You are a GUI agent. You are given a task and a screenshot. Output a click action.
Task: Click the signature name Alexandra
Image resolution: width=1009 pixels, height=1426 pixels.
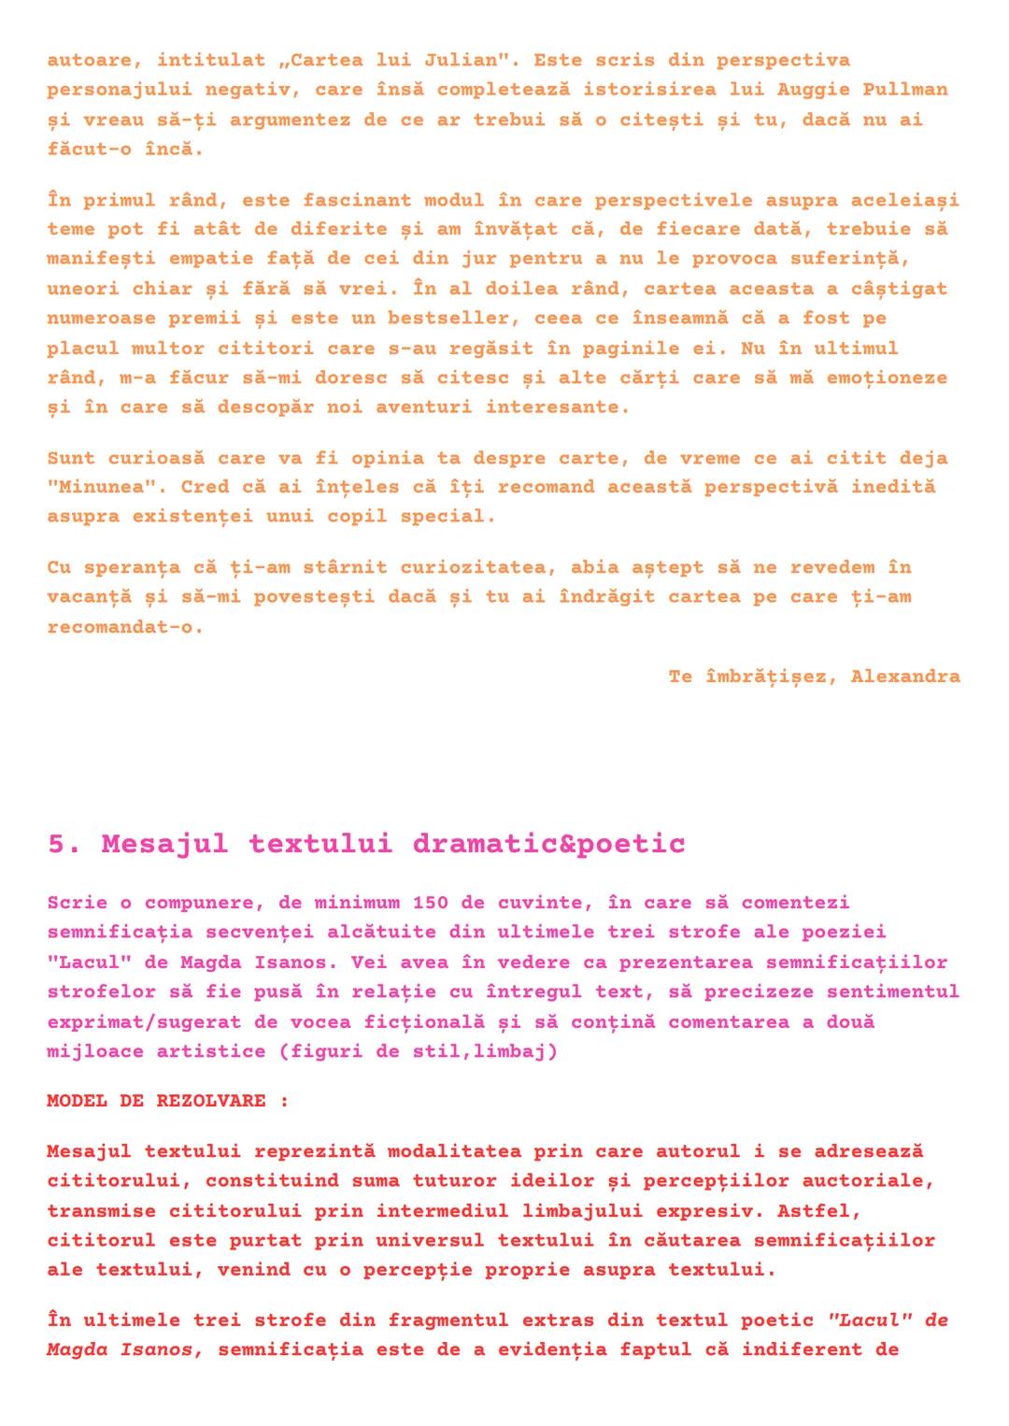click(x=904, y=676)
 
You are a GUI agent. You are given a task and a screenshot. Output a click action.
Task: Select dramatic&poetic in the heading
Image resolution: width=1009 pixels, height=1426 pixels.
click(x=548, y=844)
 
